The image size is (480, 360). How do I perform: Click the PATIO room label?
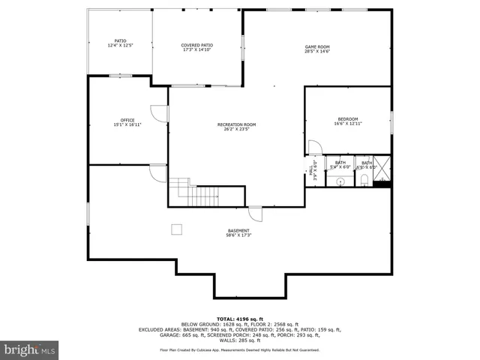click(120, 40)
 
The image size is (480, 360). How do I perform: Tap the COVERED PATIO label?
click(196, 45)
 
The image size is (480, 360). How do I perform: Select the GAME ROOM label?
click(317, 46)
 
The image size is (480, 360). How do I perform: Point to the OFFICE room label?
click(127, 119)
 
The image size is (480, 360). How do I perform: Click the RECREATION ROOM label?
click(236, 124)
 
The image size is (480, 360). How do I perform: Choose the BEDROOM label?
click(347, 118)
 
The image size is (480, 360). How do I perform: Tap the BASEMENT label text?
click(239, 230)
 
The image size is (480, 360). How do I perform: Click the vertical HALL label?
click(311, 169)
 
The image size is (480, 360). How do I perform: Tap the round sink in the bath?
click(340, 181)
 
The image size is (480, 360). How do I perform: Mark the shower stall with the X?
click(382, 168)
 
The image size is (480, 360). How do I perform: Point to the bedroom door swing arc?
click(313, 147)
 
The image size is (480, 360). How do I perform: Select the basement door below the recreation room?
click(256, 213)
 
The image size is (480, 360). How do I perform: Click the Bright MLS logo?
click(30, 349)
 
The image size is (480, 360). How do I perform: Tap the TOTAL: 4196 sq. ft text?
click(239, 318)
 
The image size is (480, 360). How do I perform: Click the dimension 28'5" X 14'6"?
click(317, 52)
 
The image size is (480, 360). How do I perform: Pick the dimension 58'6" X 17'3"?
click(239, 235)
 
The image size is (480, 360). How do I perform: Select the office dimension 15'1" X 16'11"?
click(127, 124)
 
